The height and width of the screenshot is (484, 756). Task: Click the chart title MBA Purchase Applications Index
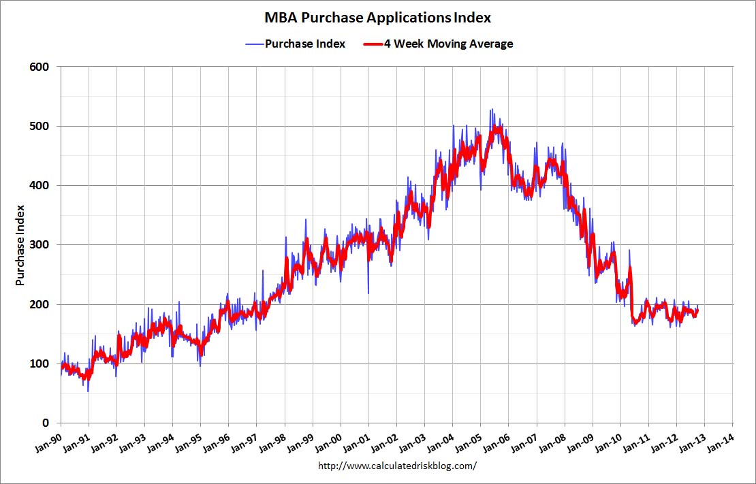[373, 17]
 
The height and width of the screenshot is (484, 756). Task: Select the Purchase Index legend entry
[304, 44]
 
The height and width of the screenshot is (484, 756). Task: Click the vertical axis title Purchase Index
[20, 244]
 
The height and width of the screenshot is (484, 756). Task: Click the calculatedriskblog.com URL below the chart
[398, 466]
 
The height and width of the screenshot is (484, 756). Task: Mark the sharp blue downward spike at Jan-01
[368, 292]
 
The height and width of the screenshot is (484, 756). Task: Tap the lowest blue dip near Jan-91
[88, 391]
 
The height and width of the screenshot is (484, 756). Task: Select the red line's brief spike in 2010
[630, 268]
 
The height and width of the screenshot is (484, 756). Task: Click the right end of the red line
[697, 310]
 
